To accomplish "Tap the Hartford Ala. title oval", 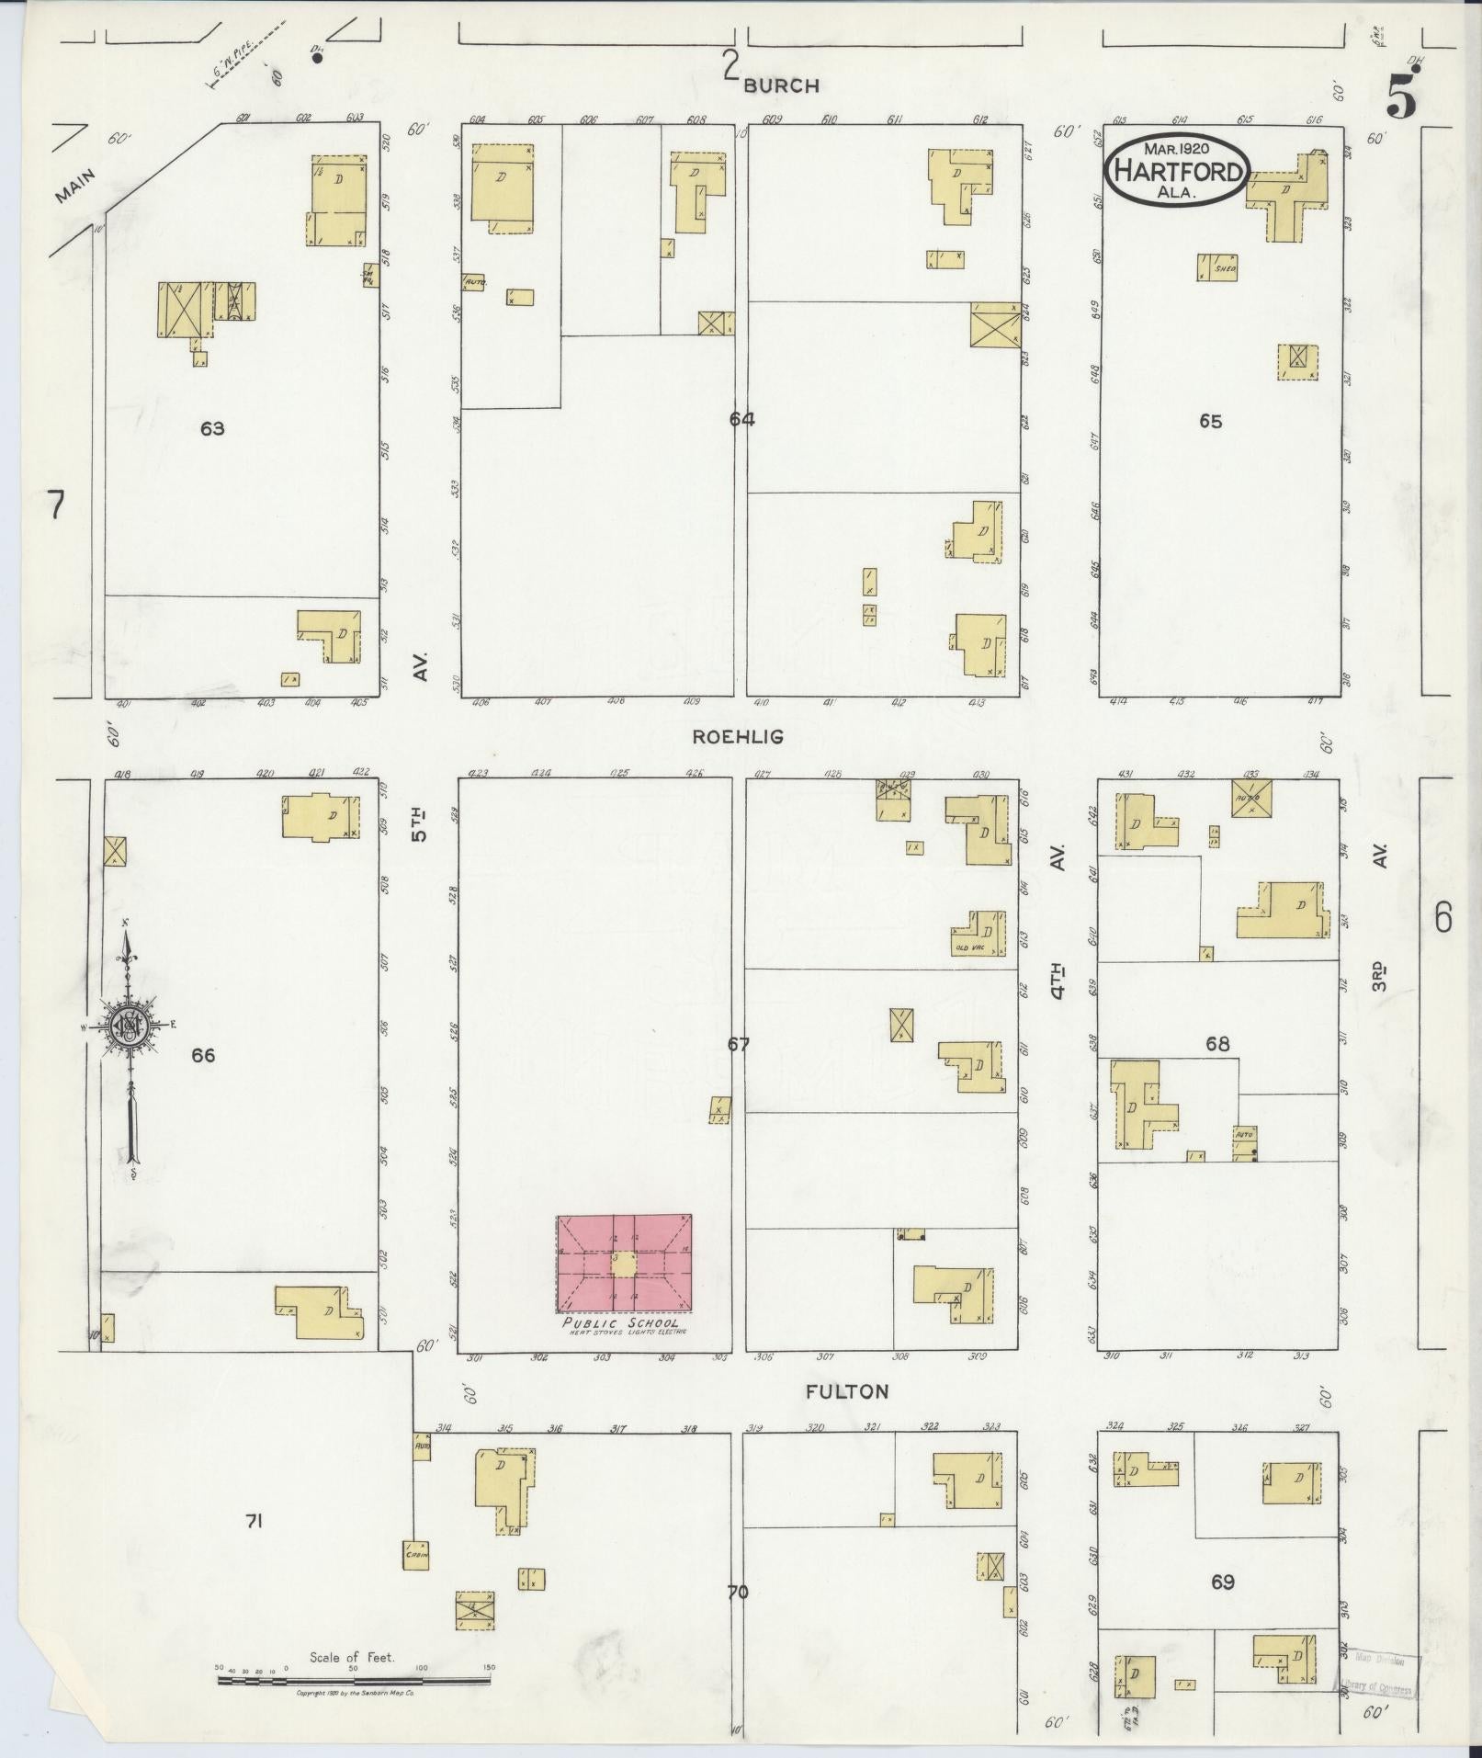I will pyautogui.click(x=1176, y=170).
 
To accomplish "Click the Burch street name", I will pyautogui.click(x=781, y=85).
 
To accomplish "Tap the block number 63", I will pyautogui.click(x=212, y=428).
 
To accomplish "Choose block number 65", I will pyautogui.click(x=1210, y=421).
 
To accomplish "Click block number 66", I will pyautogui.click(x=203, y=1055).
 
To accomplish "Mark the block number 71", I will pyautogui.click(x=254, y=1522).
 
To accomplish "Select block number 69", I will pyautogui.click(x=1222, y=1582).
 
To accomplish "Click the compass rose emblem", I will pyautogui.click(x=130, y=1026).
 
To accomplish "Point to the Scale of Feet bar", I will pyautogui.click(x=353, y=1680).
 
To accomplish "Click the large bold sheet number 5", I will pyautogui.click(x=1400, y=95).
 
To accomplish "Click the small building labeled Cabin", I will pyautogui.click(x=416, y=1554).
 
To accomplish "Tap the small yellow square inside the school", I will pyautogui.click(x=624, y=1265).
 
